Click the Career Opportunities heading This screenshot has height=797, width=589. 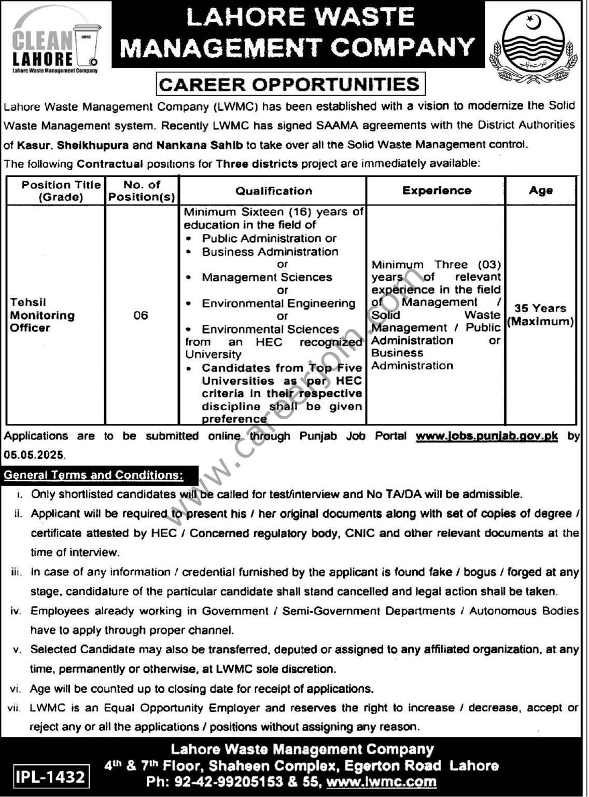coord(290,84)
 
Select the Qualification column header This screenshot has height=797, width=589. coord(273,191)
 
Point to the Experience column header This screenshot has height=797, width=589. coord(437,190)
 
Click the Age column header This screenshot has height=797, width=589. coord(540,190)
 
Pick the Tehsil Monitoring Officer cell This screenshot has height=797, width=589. coord(43,315)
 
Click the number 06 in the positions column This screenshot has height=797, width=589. coord(141,315)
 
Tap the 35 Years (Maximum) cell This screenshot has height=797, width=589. coord(540,315)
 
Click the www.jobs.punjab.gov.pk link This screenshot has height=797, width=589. coord(486,436)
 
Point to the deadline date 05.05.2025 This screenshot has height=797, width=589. coord(34,455)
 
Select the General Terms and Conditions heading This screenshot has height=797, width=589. coord(93,475)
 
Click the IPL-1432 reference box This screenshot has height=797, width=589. coord(50,777)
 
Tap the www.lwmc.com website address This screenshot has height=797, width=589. coord(382,781)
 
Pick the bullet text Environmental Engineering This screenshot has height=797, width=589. coord(278,304)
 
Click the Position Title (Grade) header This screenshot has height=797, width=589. coord(61,190)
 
